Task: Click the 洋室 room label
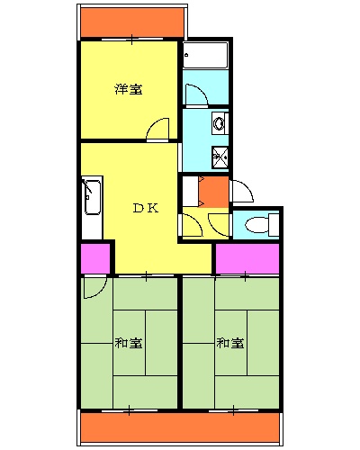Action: pos(128,89)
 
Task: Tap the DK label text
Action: pos(146,209)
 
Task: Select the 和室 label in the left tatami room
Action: pos(128,343)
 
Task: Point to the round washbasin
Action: pos(219,121)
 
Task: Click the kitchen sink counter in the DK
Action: pos(92,198)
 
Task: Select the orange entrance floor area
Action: pos(213,191)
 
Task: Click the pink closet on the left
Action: pos(95,258)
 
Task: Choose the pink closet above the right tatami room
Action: pos(247,258)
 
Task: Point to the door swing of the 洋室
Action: pos(158,130)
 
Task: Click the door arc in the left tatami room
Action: pos(93,287)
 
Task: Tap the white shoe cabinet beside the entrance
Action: pos(189,191)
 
